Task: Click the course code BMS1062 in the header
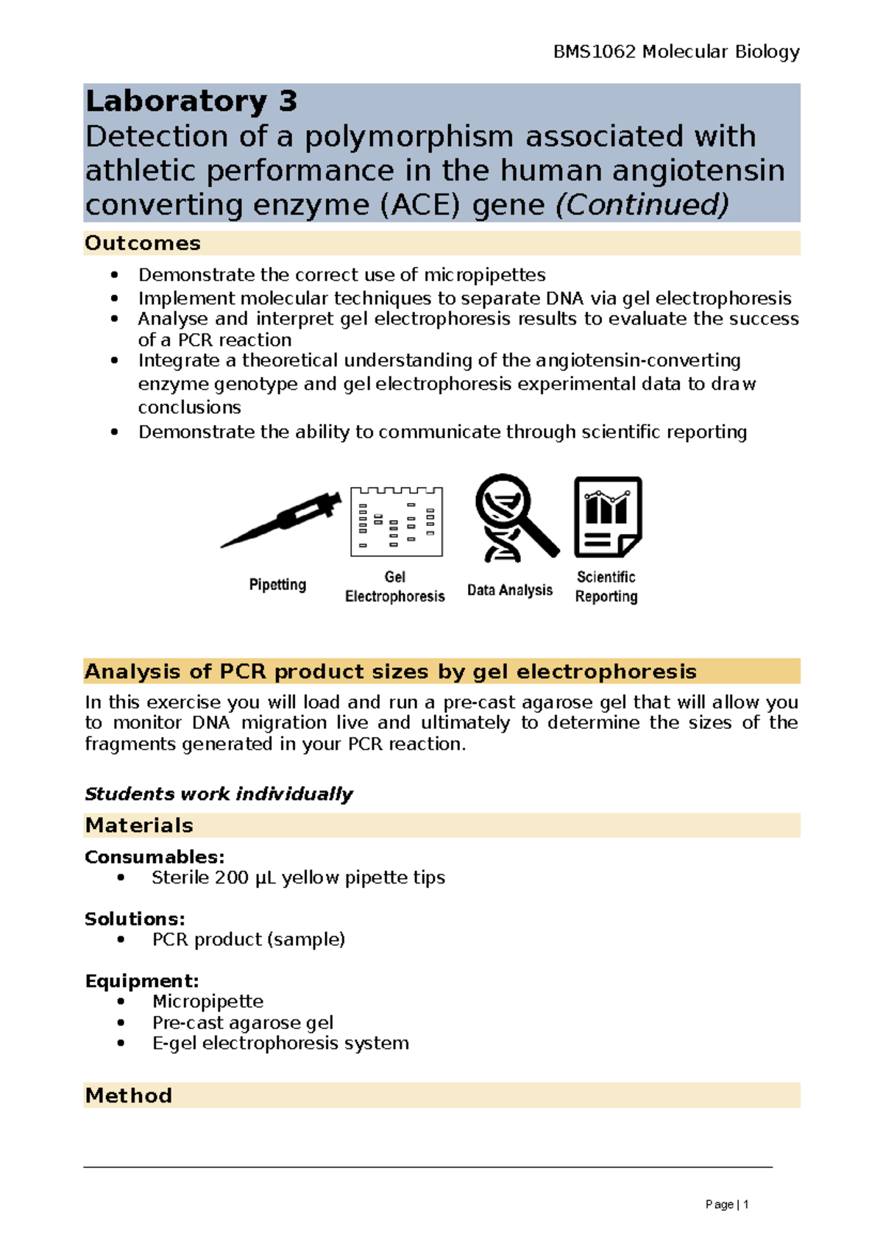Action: tap(594, 51)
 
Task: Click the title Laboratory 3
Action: tap(191, 101)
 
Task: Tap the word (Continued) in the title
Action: tap(642, 204)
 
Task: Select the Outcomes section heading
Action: tap(143, 243)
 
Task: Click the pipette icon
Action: tap(281, 519)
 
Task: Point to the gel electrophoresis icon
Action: tap(396, 521)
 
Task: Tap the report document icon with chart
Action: tap(607, 516)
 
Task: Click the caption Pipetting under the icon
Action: tap(277, 585)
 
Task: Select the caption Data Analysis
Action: tap(509, 591)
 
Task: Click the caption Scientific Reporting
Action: tap(606, 587)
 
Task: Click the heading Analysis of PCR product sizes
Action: tap(390, 672)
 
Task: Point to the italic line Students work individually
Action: tap(219, 794)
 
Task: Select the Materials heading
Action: tap(139, 825)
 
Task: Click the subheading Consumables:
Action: tap(155, 857)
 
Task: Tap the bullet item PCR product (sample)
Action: tap(248, 940)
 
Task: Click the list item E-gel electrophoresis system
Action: tap(280, 1044)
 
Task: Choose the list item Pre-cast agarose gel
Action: tap(242, 1023)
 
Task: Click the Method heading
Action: tap(129, 1096)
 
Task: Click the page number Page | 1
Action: tap(726, 1205)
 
